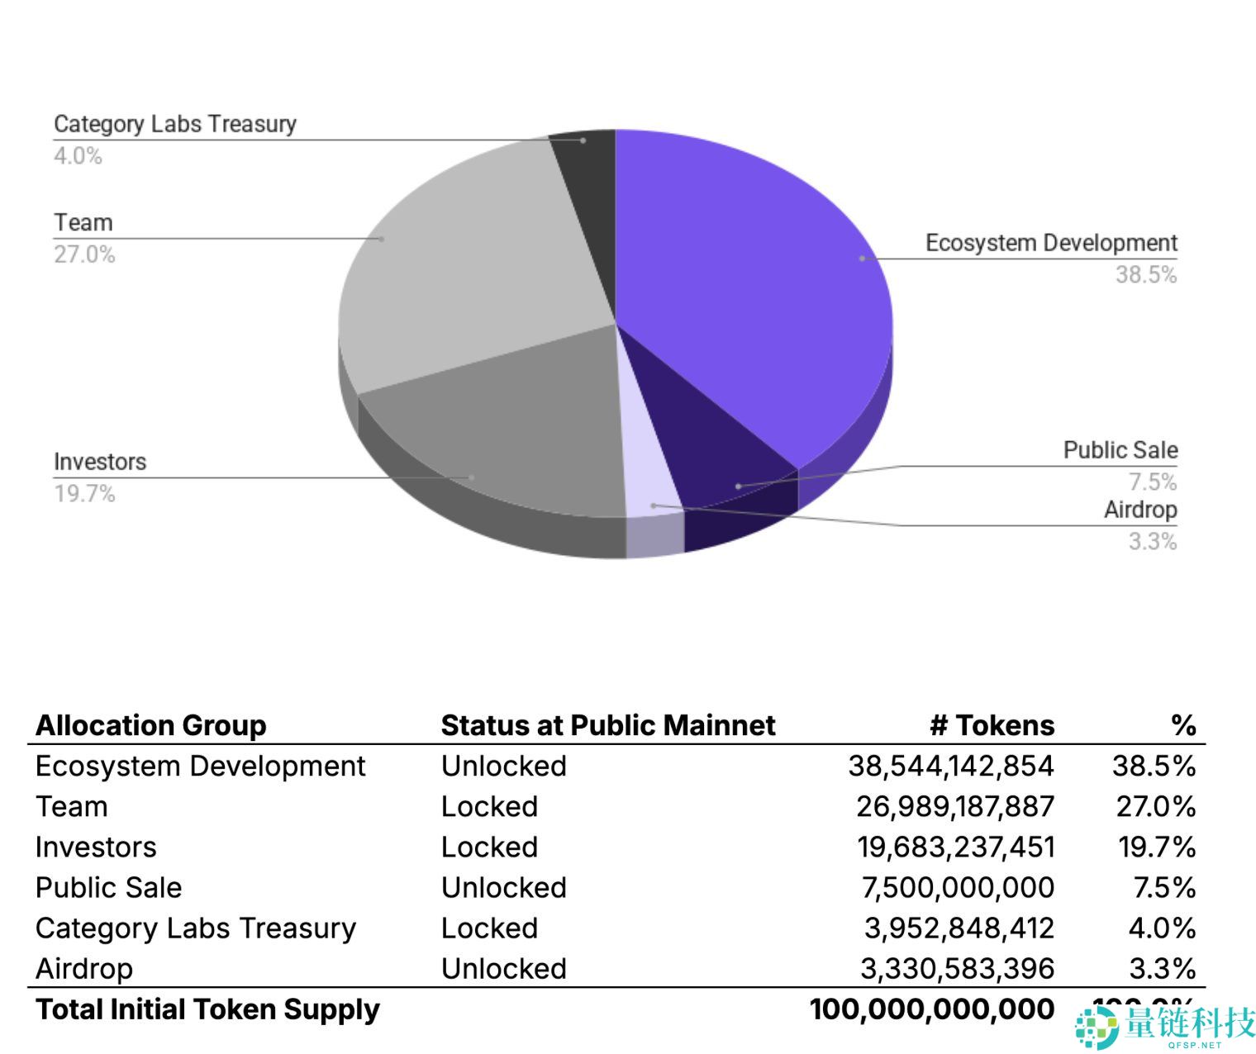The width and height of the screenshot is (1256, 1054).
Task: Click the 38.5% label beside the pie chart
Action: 1145,275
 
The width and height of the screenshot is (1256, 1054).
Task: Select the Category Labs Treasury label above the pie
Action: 174,124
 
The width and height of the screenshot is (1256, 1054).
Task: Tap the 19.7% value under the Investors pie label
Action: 84,494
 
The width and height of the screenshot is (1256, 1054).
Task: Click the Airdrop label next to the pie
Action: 1140,510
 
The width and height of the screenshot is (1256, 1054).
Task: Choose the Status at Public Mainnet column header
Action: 608,725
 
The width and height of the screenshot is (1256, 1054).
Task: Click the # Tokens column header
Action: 992,725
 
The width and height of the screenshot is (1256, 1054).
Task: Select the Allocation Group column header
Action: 151,725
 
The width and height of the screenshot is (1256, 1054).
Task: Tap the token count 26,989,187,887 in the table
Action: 955,806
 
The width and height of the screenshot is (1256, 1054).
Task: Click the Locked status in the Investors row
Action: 489,847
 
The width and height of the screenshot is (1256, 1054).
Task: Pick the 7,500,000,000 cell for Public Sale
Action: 958,887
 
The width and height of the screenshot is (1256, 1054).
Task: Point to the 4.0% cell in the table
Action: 1162,928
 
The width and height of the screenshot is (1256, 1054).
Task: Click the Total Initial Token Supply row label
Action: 207,1009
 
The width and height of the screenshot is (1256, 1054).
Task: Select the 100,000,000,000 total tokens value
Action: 932,1009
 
